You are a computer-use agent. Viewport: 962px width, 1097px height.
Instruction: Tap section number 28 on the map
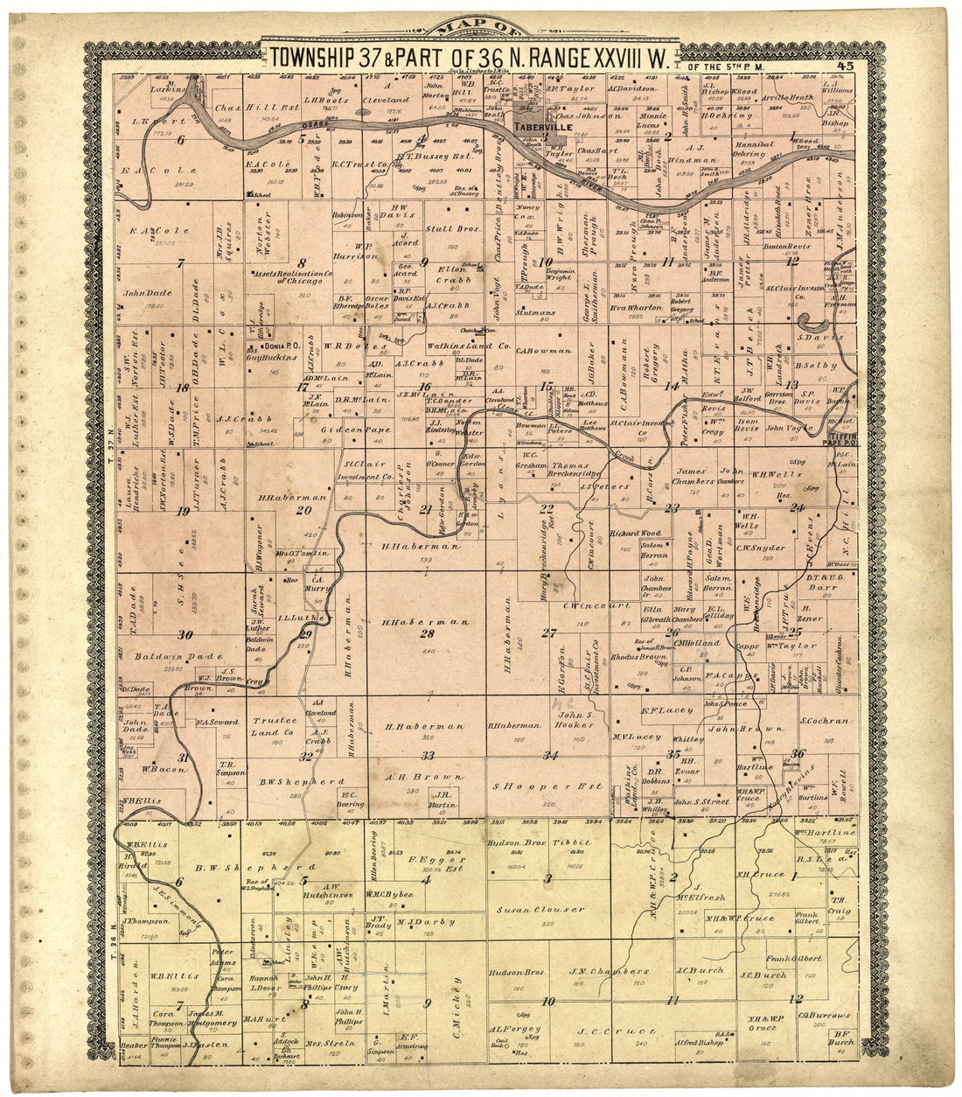tap(427, 634)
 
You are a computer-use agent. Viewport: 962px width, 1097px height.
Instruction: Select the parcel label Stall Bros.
tap(451, 229)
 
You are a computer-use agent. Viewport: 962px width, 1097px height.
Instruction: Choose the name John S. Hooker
tap(576, 720)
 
